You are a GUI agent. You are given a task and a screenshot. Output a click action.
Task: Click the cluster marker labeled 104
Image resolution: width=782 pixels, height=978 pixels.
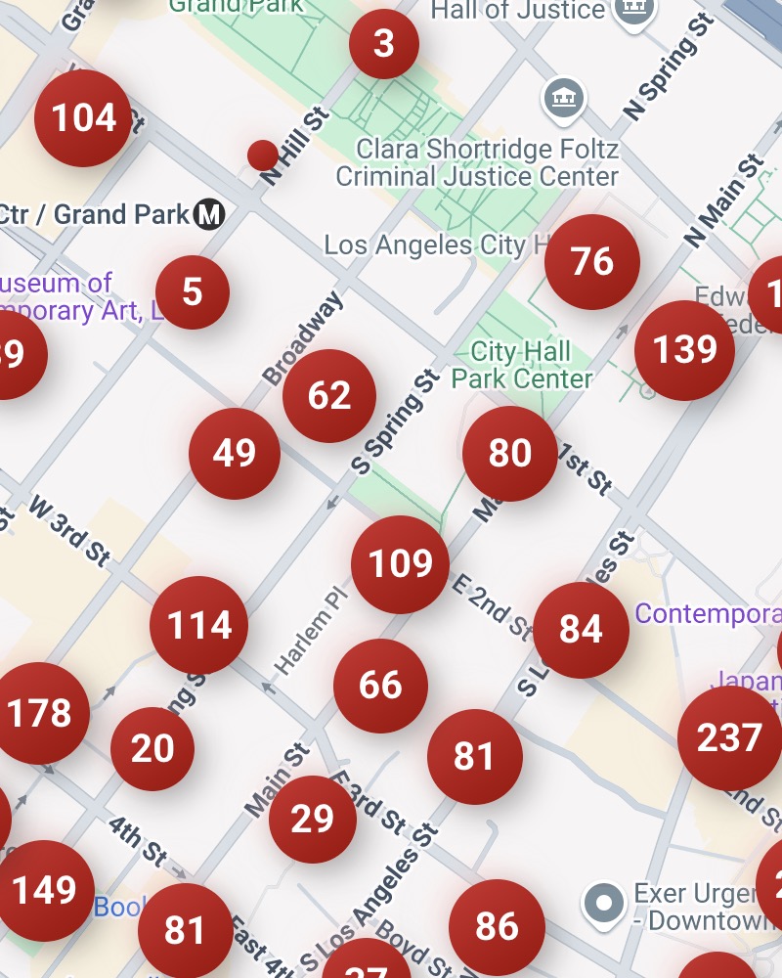[x=83, y=118]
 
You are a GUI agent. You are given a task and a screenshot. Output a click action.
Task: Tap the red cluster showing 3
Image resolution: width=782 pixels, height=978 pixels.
[x=384, y=44]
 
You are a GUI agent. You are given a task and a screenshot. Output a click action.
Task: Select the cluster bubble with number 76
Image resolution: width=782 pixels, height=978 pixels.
[x=592, y=262]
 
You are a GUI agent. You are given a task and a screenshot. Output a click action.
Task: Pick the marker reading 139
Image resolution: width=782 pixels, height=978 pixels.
[x=684, y=350]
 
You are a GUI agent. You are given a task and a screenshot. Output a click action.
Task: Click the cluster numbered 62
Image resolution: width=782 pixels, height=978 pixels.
[x=329, y=396]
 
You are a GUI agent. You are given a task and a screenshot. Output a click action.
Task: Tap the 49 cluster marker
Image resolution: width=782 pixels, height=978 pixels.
[x=235, y=454]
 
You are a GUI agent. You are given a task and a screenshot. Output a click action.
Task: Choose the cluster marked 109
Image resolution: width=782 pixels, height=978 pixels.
[x=401, y=564]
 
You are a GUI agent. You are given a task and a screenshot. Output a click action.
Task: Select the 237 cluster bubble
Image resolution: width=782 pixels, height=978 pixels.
[x=729, y=738]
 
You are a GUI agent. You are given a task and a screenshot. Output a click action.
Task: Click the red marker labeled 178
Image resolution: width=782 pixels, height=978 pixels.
[x=40, y=714]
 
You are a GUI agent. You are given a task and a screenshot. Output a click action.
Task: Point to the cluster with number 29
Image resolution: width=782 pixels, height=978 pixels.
[x=313, y=820]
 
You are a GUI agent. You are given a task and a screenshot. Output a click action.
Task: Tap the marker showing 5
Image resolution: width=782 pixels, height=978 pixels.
[x=193, y=291]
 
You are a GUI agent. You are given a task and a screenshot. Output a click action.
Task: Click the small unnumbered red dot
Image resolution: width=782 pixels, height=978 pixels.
[x=262, y=155]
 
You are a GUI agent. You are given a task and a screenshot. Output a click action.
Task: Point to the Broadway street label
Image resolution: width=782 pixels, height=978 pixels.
[x=303, y=338]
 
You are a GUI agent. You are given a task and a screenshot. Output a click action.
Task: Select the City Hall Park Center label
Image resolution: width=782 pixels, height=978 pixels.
[x=522, y=365]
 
